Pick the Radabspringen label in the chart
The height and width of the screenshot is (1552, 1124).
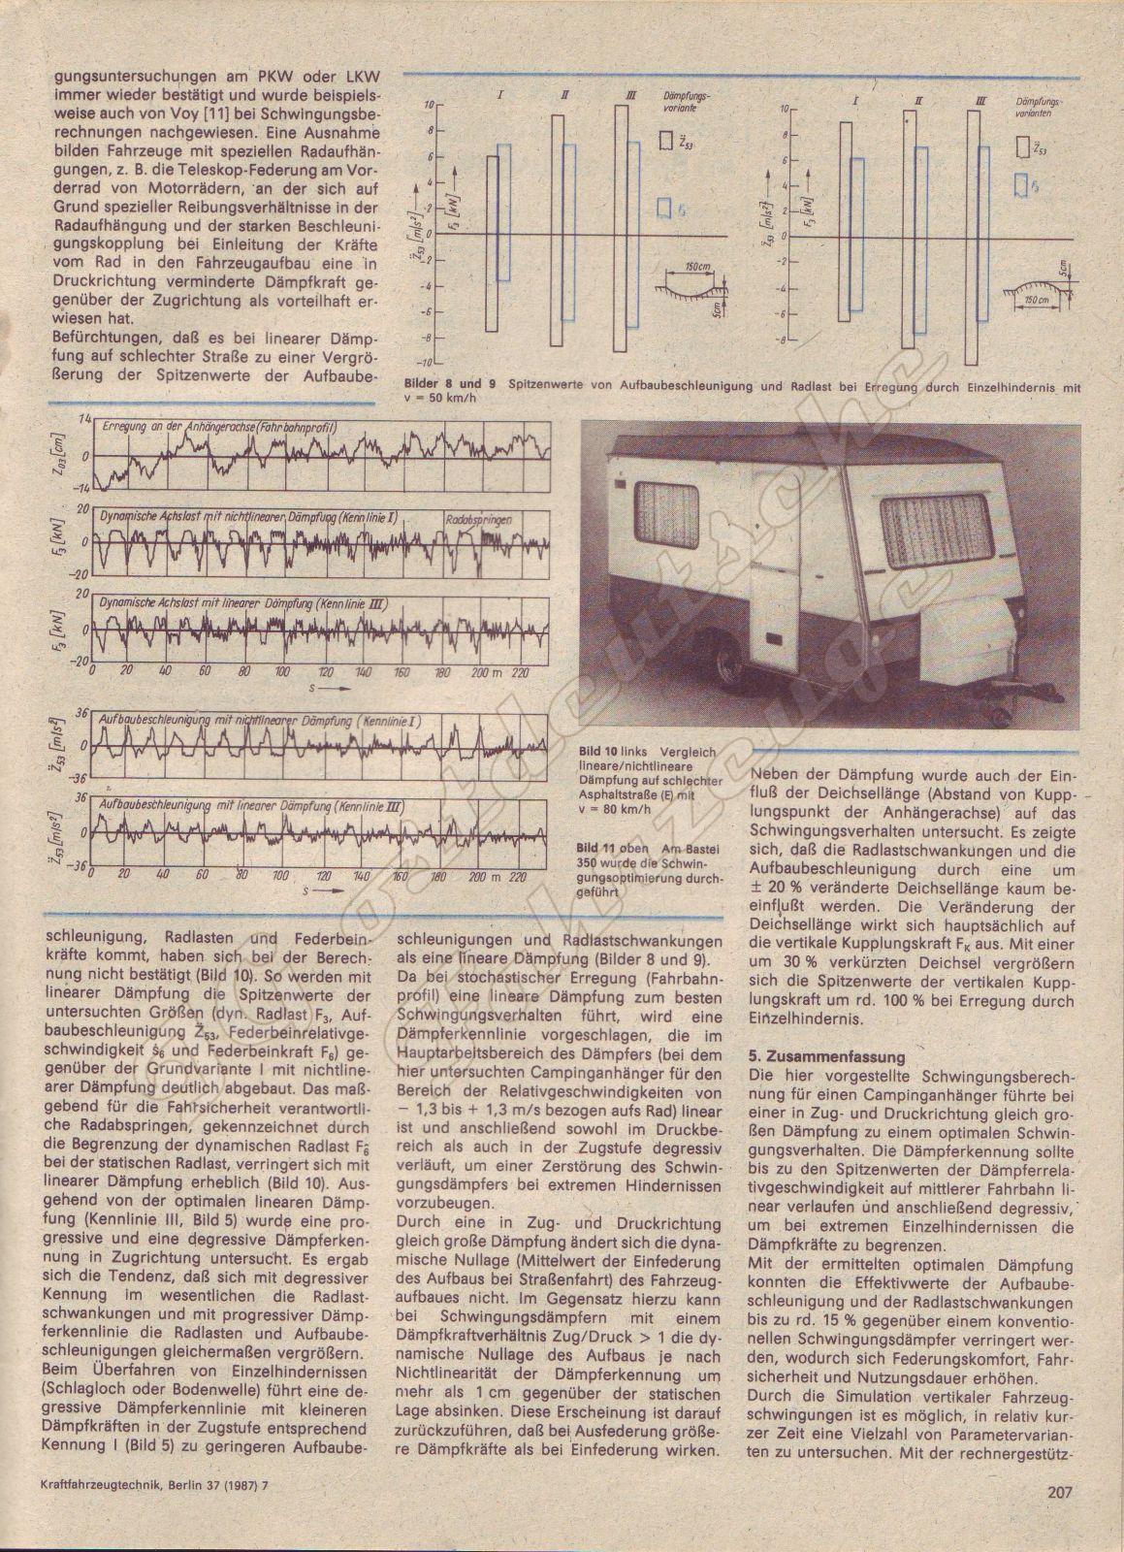(479, 519)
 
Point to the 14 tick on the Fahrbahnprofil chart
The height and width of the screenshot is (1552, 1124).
(83, 418)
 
